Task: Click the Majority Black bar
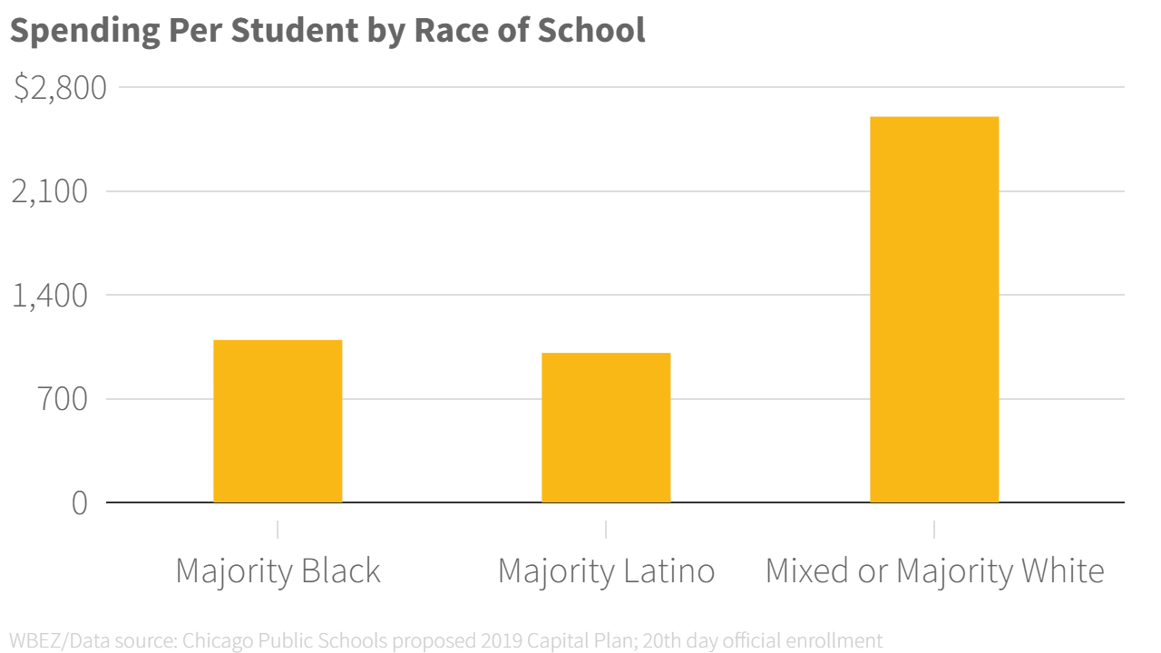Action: point(278,421)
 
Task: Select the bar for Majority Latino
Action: point(606,427)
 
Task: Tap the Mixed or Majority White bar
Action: point(934,309)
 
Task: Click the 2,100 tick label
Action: point(50,192)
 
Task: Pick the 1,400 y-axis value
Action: point(50,296)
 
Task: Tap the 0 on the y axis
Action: point(80,502)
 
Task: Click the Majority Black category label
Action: point(278,571)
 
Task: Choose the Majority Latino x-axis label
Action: point(606,571)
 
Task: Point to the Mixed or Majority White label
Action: point(934,571)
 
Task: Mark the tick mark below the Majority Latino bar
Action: point(606,529)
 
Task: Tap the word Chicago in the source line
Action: point(215,641)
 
